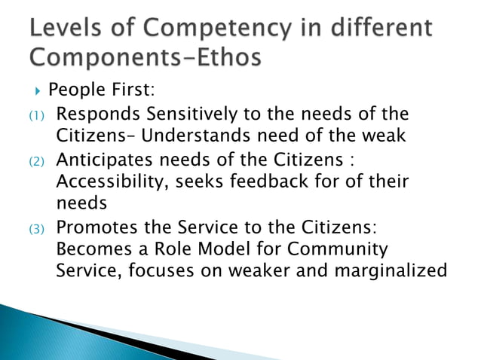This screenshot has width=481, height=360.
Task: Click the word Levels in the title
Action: pos(64,29)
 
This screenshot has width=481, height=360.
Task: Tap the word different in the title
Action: pos(384,29)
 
